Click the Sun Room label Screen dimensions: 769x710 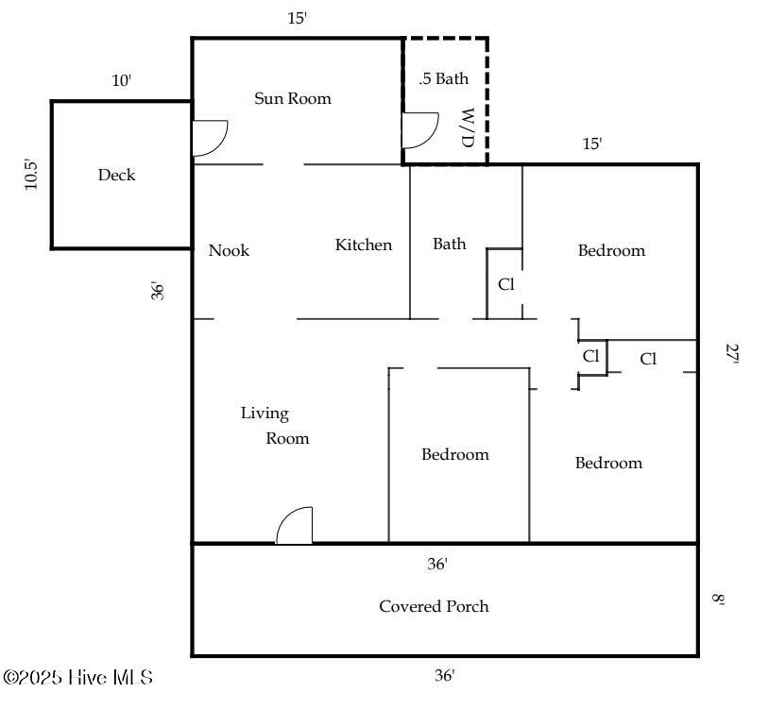coord(293,98)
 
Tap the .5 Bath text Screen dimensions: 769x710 coord(444,78)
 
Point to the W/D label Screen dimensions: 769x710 coord(469,127)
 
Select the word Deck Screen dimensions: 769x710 coord(116,175)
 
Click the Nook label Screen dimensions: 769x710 coord(229,250)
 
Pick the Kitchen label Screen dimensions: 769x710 coord(364,245)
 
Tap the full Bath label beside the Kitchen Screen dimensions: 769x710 coord(450,244)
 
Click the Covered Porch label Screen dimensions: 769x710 coord(434,606)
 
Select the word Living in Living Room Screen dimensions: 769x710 coord(265,414)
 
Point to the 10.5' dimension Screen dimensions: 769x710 coord(31,175)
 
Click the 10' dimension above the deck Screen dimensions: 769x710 coord(122,80)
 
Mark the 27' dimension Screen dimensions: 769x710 coord(732,353)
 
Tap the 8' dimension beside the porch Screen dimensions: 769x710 coord(718,600)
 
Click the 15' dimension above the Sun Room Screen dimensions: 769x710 coord(298,18)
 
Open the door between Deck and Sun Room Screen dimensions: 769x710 coord(210,138)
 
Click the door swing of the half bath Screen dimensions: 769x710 coord(419,130)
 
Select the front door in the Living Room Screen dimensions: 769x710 coord(294,525)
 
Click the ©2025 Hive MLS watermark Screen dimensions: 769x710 coord(78,677)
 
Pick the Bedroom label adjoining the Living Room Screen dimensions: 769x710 coord(455,454)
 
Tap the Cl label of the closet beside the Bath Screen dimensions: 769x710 coord(506,284)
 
